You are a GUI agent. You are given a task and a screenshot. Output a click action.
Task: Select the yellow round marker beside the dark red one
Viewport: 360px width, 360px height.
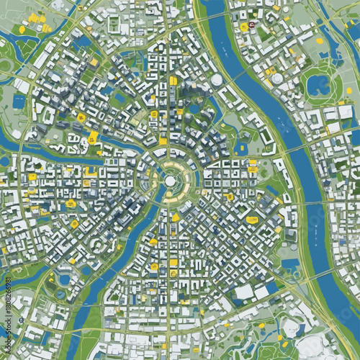pyautogui.click(x=244, y=27)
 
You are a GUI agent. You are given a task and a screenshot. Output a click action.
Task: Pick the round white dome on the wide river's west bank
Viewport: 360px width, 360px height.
pyautogui.click(x=216, y=80)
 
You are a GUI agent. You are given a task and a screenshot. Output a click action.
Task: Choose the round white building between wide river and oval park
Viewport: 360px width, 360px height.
pyautogui.click(x=277, y=78)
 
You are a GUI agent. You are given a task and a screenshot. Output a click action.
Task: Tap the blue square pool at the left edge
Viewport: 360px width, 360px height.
pyautogui.click(x=18, y=102)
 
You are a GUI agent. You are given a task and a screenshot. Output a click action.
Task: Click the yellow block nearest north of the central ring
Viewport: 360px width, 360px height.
pyautogui.click(x=163, y=141)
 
